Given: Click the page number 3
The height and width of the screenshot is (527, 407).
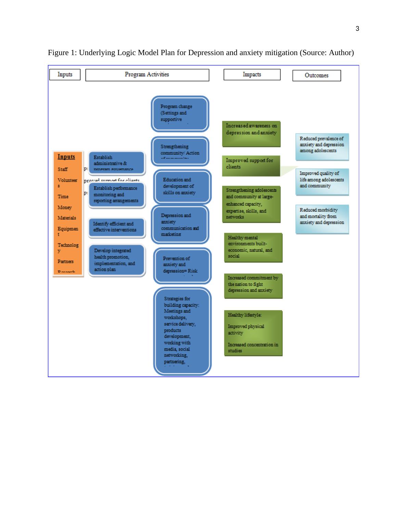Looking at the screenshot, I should (x=357, y=29).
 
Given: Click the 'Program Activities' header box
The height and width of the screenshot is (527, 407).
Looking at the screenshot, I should (x=147, y=75).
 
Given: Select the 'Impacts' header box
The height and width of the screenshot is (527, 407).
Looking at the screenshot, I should (x=252, y=75).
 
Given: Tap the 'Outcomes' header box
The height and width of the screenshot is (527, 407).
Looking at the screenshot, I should (x=316, y=76).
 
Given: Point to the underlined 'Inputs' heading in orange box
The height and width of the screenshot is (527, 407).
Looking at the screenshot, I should (x=66, y=157).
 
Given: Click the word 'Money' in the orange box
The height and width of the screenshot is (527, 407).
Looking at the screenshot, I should (x=65, y=207).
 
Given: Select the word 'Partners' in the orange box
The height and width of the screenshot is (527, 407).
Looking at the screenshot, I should (x=66, y=261).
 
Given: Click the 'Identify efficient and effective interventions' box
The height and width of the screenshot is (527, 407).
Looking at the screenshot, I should (x=116, y=227).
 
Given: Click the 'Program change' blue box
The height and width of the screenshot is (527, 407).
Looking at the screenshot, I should (x=180, y=113).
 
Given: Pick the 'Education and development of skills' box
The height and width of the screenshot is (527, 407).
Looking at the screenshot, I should (x=181, y=186).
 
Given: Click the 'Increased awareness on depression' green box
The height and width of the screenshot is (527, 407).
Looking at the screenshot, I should (x=251, y=133).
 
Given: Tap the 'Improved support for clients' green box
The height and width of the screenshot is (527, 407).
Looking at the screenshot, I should (x=251, y=166).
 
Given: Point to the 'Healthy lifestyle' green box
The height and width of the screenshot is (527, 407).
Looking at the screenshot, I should (x=253, y=333).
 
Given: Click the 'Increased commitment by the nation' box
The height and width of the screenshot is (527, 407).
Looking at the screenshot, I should (x=253, y=285).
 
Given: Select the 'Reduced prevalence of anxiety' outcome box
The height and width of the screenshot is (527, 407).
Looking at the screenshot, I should (x=322, y=146).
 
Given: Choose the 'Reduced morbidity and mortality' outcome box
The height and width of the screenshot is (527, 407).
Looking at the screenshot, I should (x=322, y=219).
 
